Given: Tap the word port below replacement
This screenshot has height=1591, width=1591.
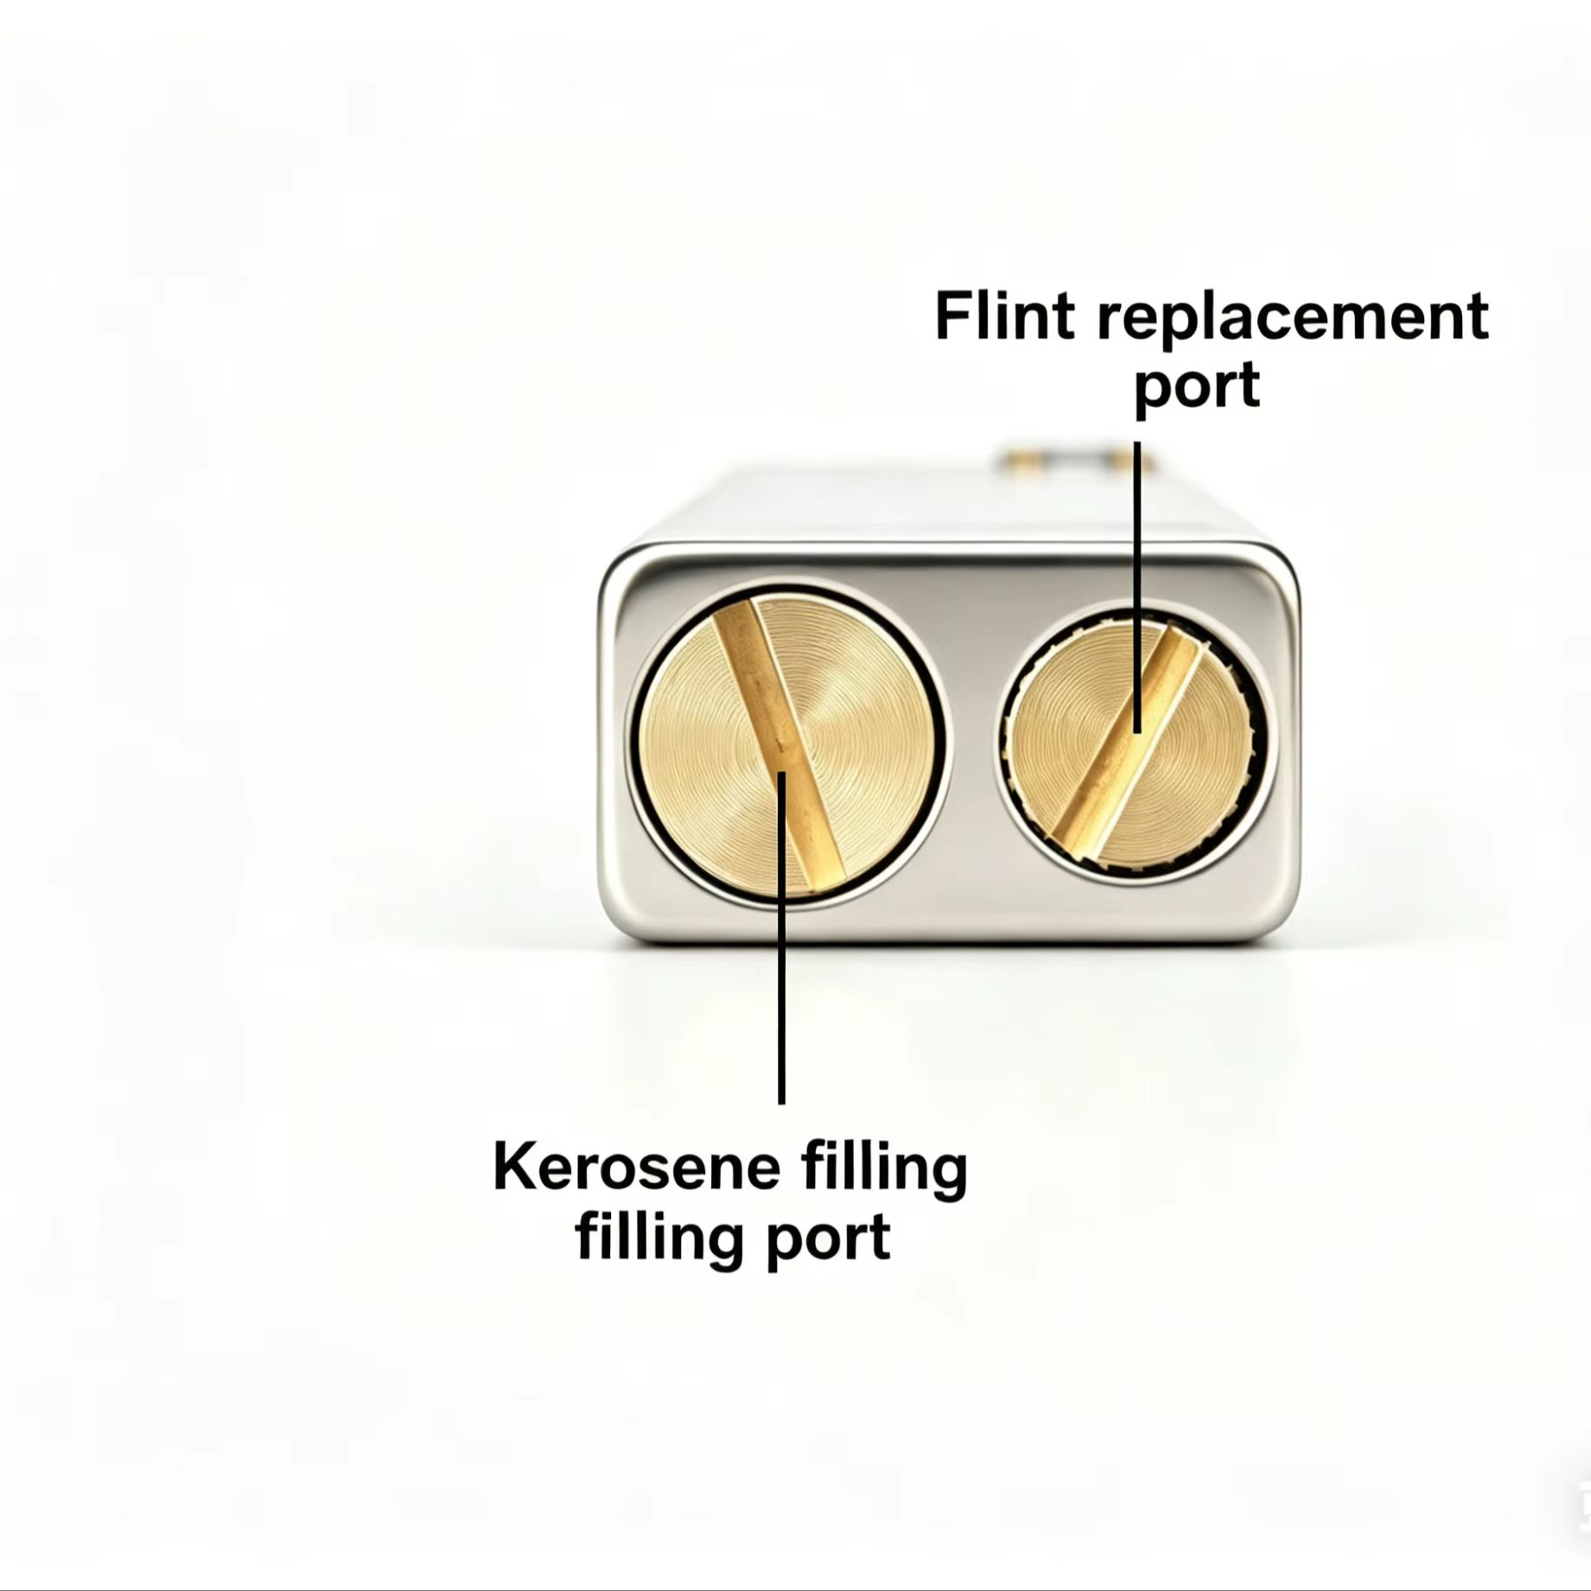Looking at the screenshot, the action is pos(1196,389).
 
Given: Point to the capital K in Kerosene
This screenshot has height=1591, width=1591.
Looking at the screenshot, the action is pos(516,1168).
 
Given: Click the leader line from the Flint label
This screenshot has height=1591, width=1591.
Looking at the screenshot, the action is pos(1136,588).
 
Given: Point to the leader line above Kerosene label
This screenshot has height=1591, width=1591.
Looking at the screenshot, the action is pos(781,938).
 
